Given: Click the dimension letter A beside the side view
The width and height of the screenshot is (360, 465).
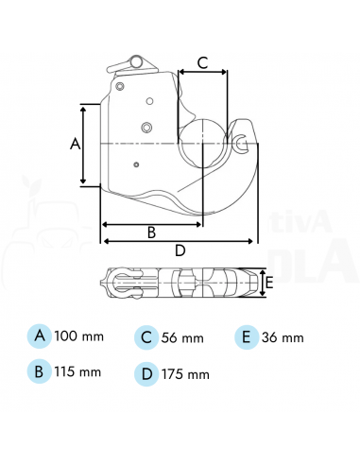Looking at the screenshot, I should pos(76,144).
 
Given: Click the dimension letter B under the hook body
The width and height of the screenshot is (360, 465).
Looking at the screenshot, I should pos(150,232).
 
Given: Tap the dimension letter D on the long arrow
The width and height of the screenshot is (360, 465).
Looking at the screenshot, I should pos(180,251).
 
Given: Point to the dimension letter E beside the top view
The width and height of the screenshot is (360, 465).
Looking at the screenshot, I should pos(269,283).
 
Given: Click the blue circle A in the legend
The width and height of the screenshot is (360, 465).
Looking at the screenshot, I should pos(40,336).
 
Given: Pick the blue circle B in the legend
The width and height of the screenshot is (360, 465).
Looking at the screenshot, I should pos(40,370).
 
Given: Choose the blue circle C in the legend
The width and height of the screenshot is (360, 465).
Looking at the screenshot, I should pos(146,336).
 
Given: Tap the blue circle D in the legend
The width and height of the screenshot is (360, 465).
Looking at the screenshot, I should pos(146,372).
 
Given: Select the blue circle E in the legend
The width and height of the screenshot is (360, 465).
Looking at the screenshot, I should pos(246,336).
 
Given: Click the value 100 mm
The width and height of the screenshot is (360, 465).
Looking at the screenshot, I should pos(78,336).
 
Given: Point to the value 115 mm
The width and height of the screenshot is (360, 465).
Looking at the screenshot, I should pos(78,371).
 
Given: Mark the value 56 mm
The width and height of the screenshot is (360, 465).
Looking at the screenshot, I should pos(183,337).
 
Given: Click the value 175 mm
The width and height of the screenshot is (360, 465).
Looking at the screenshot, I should pos(185,373).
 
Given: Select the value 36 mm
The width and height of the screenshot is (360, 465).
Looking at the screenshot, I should pos(283,337).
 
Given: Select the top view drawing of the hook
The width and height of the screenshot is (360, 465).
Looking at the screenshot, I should pos(180,282).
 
